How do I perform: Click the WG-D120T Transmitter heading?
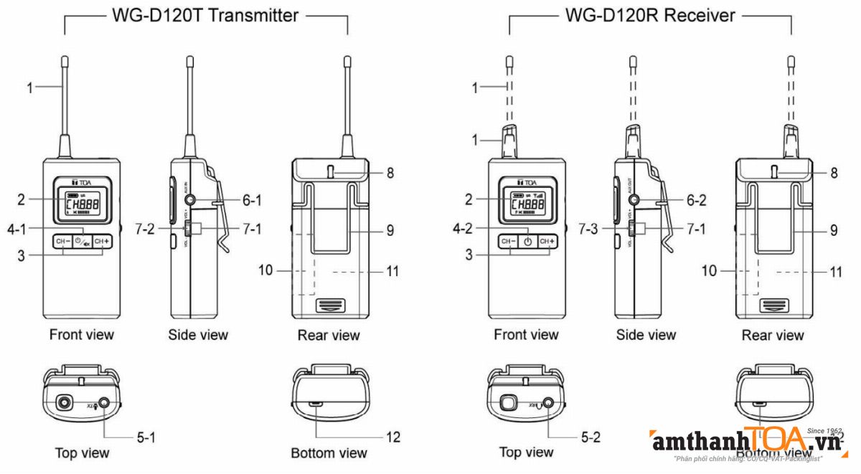pos(205,15)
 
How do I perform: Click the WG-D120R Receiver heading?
pos(650,15)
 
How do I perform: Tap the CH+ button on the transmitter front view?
pos(103,242)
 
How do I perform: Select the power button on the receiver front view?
pos(528,242)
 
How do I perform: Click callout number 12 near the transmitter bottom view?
pos(393,437)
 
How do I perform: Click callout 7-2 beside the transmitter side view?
pos(145,229)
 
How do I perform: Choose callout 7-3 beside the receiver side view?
pos(590,229)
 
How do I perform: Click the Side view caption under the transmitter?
pos(198,335)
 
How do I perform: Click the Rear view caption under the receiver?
pos(772,335)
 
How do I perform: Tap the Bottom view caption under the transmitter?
pos(329,453)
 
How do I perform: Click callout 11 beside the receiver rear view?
pos(835,272)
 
